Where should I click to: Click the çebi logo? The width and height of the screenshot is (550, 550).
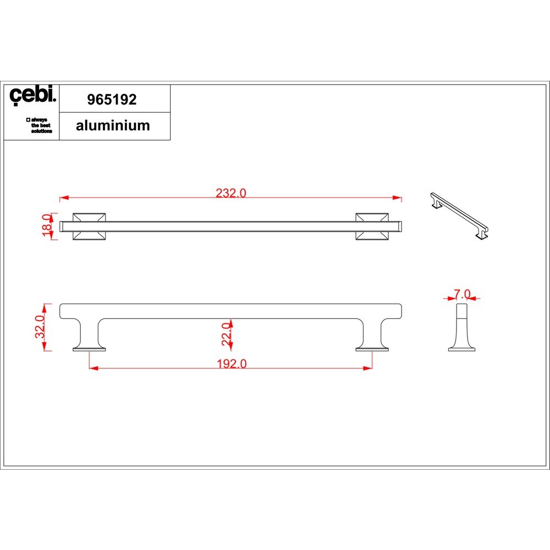[32, 95]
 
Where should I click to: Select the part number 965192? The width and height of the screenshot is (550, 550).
[112, 100]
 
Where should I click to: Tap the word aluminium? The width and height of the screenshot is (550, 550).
[113, 125]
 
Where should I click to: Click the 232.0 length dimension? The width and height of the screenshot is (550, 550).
[231, 193]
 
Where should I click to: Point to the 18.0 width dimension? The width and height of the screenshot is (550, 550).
[47, 225]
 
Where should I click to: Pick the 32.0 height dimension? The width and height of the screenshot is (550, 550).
[40, 327]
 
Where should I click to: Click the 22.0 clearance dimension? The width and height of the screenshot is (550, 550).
[227, 334]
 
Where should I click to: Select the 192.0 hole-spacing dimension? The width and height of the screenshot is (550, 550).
[232, 364]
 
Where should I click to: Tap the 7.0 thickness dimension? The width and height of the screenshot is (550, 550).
[462, 294]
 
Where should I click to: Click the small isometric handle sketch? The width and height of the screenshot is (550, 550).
[459, 216]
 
